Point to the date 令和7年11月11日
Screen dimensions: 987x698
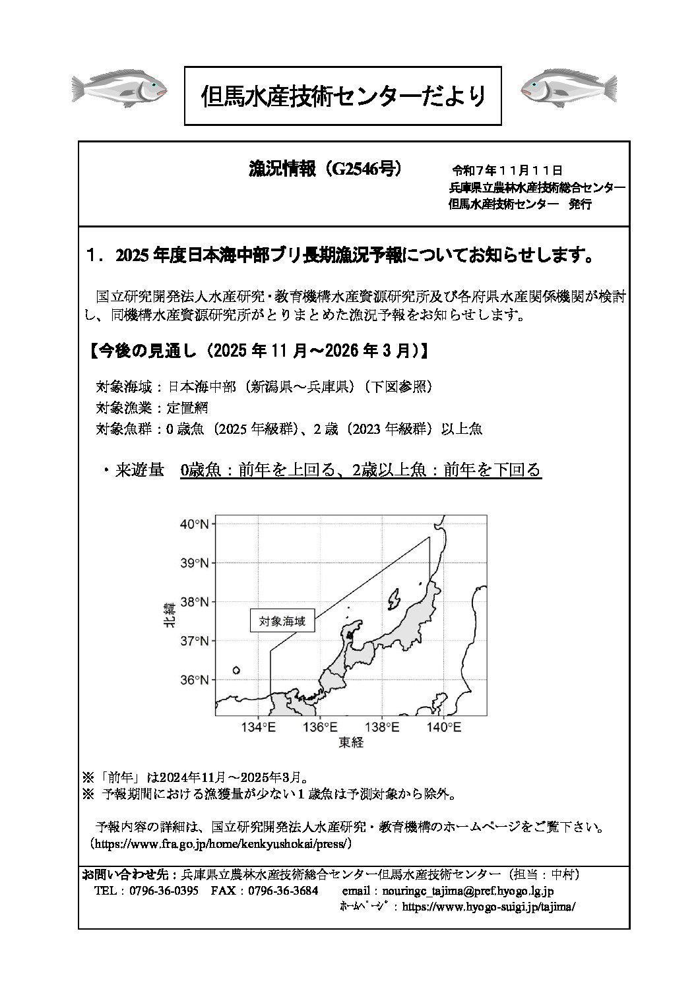click(x=507, y=171)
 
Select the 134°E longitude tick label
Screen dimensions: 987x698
click(x=259, y=728)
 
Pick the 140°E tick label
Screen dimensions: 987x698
click(x=445, y=728)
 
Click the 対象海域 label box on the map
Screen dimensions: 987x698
click(x=282, y=621)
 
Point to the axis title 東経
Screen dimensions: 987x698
click(x=351, y=743)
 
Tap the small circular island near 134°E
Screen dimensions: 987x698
click(x=236, y=671)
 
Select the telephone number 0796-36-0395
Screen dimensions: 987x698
click(x=164, y=891)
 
